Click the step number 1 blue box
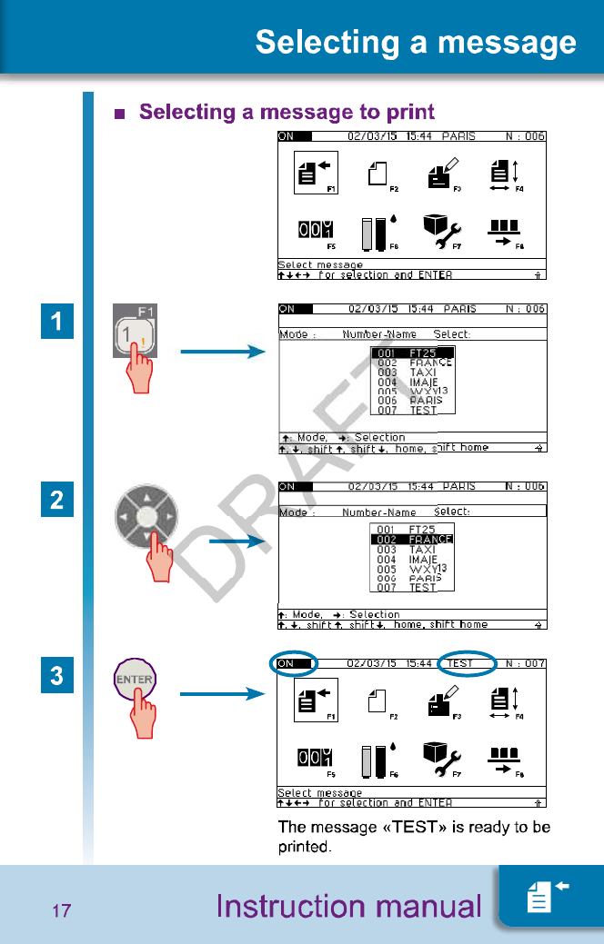(x=56, y=323)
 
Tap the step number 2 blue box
(x=56, y=500)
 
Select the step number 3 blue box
(x=56, y=676)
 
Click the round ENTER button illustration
(x=134, y=680)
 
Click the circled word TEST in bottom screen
(x=461, y=663)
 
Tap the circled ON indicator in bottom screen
(x=293, y=663)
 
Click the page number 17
(x=61, y=910)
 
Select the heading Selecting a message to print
(x=287, y=112)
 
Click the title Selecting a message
(x=416, y=43)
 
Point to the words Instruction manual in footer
(x=348, y=906)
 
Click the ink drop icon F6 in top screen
(x=380, y=234)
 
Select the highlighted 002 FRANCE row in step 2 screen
(x=412, y=539)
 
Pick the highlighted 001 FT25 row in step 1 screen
(x=412, y=353)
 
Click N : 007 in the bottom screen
(x=525, y=663)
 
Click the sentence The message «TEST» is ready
(x=414, y=837)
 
